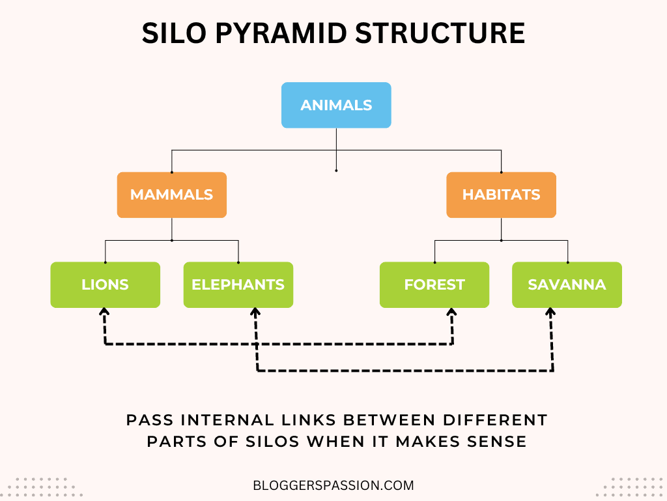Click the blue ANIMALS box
336,105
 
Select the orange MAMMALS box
172,194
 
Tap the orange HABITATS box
501,194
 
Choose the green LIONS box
105,284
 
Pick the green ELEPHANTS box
238,284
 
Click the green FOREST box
434,284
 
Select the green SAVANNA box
567,284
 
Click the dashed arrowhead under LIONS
104,313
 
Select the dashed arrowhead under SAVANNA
551,313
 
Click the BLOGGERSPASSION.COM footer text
333,485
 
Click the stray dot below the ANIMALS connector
336,170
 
